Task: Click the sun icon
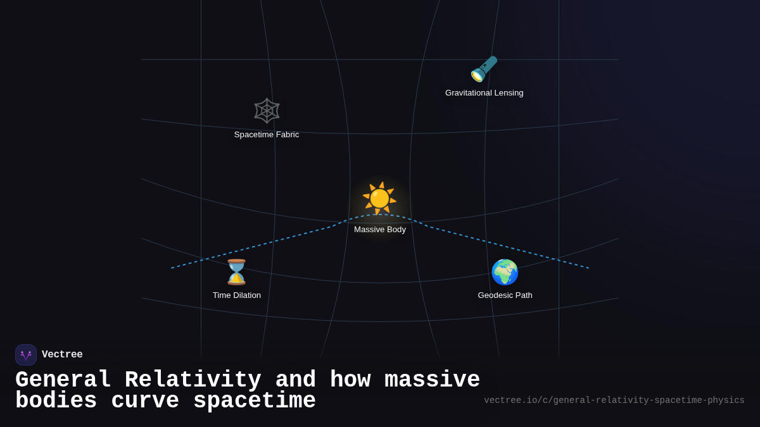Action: point(379,198)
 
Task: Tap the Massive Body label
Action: point(380,230)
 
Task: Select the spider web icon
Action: point(267,111)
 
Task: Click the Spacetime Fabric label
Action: point(267,135)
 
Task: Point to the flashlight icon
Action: point(484,69)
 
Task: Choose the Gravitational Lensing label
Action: point(484,93)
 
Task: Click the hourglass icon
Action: point(237,272)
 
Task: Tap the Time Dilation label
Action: point(237,295)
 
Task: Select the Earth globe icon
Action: point(505,272)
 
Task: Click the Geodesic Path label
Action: point(505,295)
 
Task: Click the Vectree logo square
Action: point(26,355)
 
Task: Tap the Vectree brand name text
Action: point(62,355)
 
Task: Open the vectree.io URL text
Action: point(614,400)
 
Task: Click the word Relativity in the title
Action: point(193,380)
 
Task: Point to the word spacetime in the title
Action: point(255,401)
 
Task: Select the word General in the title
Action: point(63,380)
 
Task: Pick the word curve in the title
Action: point(145,401)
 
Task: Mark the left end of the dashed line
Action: point(172,268)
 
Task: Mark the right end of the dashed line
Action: point(588,268)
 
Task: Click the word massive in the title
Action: point(432,380)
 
